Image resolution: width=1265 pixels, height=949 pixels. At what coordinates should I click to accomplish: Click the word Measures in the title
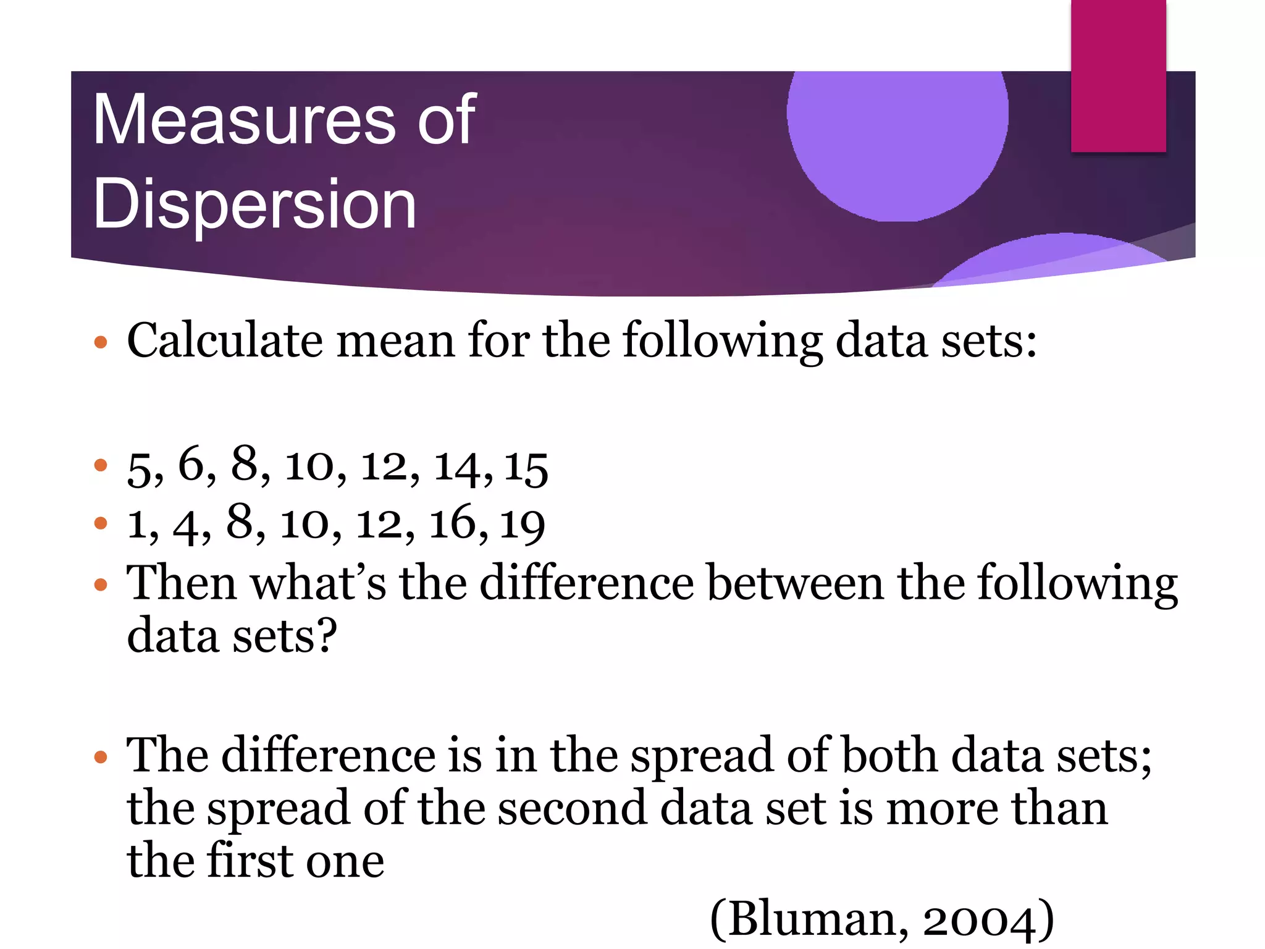244,120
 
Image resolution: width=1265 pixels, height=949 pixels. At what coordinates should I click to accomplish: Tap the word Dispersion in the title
254,204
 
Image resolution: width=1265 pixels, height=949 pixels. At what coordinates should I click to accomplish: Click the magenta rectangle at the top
1118,75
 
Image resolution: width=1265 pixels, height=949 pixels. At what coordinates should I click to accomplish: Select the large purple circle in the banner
897,136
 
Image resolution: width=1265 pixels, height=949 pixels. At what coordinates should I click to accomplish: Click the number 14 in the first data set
458,467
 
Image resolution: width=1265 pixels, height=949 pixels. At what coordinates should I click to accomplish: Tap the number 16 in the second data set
453,524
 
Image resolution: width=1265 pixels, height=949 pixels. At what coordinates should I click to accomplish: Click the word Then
182,583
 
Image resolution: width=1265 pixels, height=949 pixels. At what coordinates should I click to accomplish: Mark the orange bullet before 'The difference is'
101,756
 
